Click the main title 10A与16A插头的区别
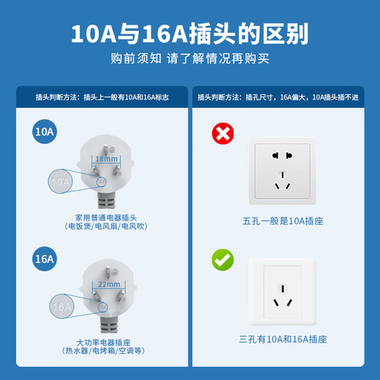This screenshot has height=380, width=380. (x=189, y=34)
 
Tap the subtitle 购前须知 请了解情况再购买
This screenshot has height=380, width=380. (x=189, y=58)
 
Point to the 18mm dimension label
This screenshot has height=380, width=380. (x=106, y=159)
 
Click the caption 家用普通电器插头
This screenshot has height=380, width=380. (x=105, y=217)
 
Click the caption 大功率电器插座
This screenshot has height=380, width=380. (x=105, y=341)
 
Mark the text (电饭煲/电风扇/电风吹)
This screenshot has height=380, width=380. (x=105, y=227)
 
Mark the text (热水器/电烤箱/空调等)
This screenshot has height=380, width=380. (x=105, y=351)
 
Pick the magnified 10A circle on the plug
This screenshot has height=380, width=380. (x=61, y=180)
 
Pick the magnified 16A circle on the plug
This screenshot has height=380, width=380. (x=62, y=307)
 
